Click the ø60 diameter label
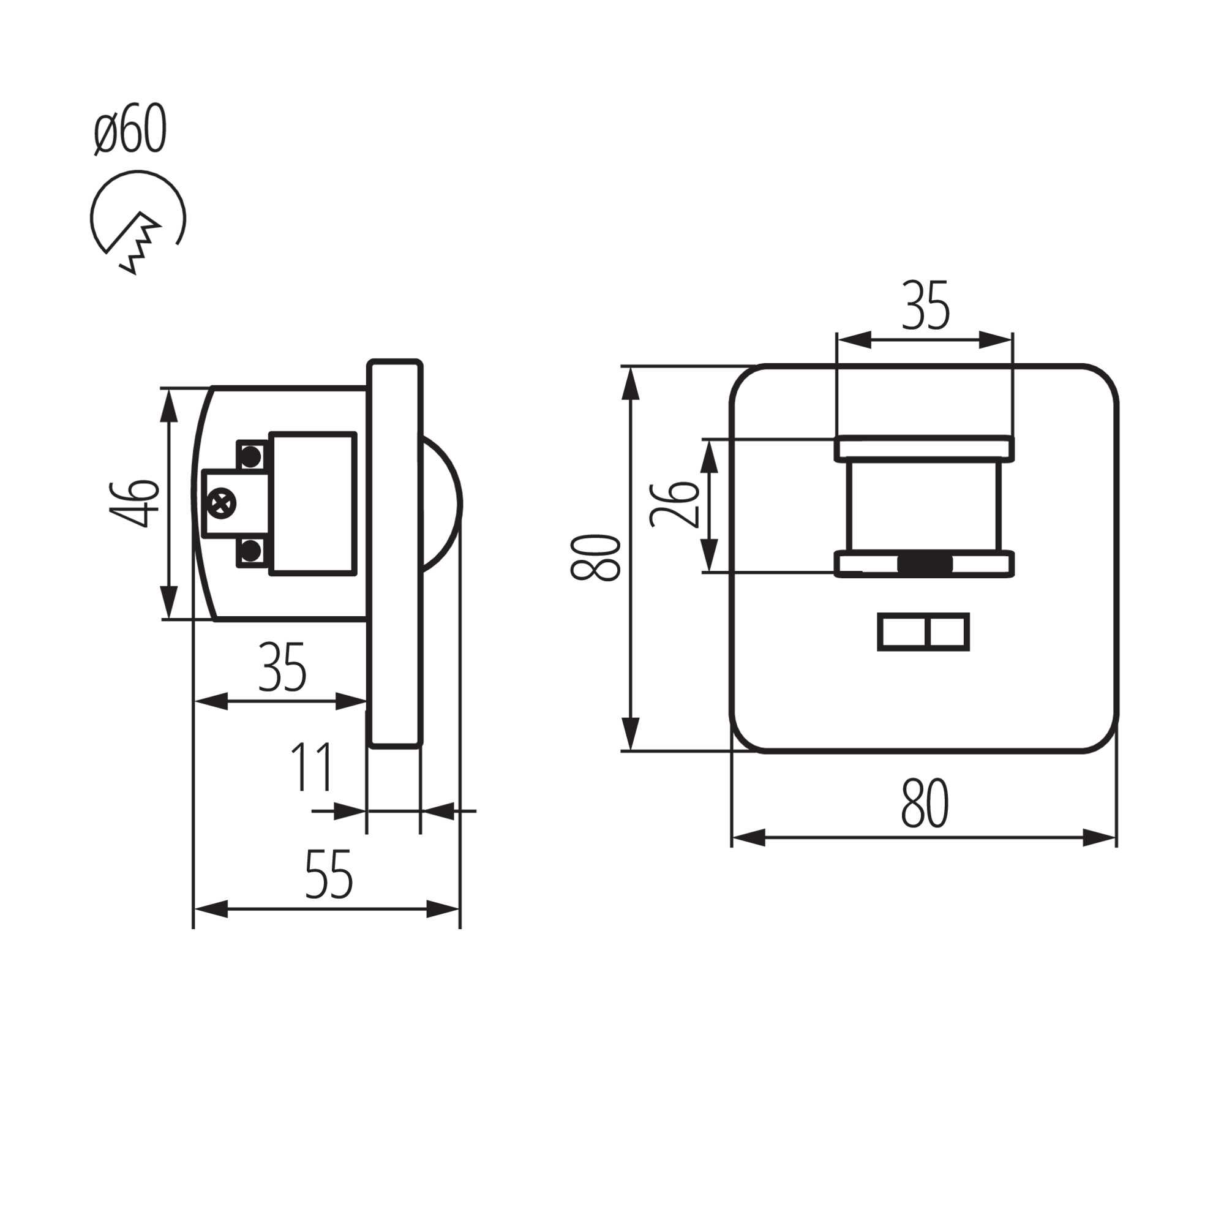[130, 129]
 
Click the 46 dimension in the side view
[133, 504]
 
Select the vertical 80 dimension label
[595, 558]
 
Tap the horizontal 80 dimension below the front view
[925, 804]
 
